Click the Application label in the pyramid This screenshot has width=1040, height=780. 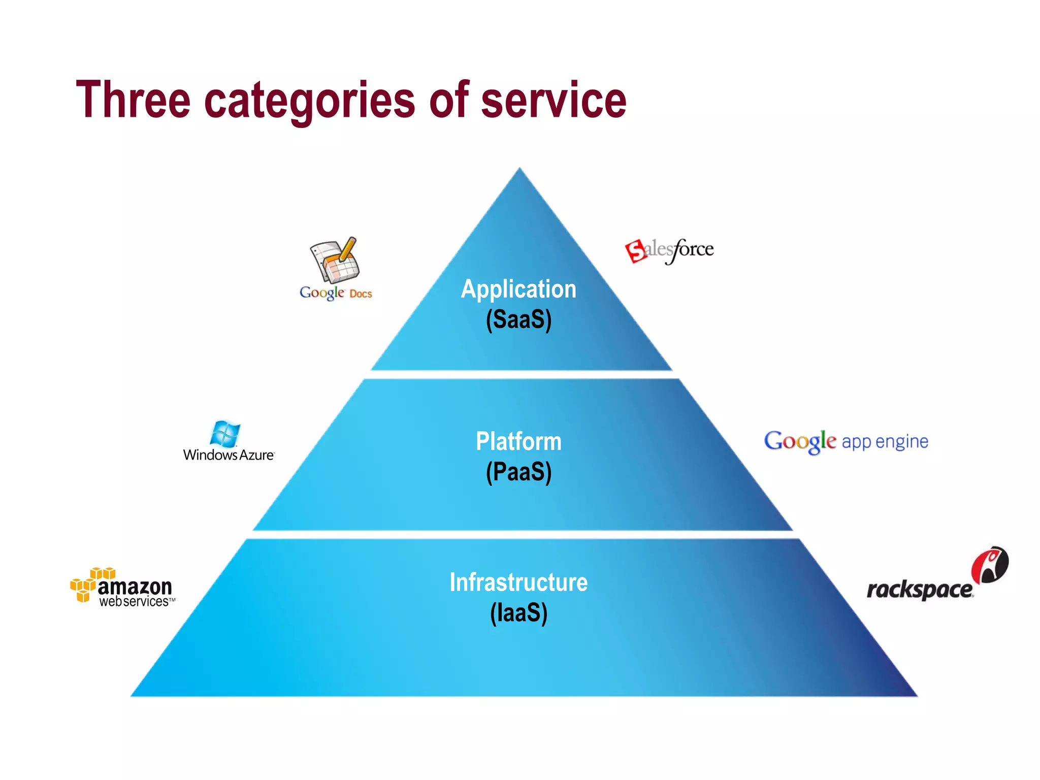coord(518,289)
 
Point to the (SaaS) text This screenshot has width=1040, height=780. coord(518,319)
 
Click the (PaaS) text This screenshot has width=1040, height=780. coord(518,472)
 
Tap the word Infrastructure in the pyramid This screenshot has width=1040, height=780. coord(518,582)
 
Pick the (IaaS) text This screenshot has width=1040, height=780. coord(518,612)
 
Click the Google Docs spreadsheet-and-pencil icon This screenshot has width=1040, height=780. coord(335,260)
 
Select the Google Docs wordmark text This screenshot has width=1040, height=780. coord(335,293)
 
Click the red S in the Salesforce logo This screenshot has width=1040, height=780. coord(635,251)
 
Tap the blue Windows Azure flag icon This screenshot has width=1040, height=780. coord(224,434)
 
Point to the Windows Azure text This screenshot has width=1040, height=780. coord(229,455)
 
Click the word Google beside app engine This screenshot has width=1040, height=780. coord(800,441)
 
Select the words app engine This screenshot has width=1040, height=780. coord(885,442)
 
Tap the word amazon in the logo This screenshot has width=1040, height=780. coord(135,587)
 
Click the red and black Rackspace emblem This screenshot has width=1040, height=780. coord(990,565)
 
